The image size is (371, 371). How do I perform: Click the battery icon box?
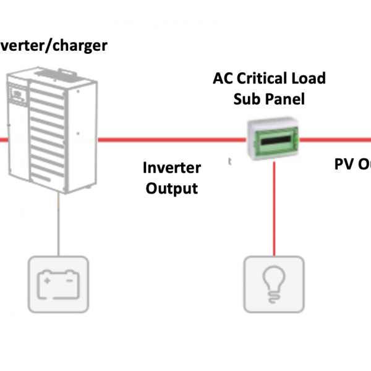[58, 286]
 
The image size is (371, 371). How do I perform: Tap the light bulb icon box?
[274, 286]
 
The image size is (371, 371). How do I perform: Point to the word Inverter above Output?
[172, 168]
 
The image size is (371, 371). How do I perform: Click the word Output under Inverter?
[172, 188]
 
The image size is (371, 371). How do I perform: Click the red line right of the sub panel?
[337, 140]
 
